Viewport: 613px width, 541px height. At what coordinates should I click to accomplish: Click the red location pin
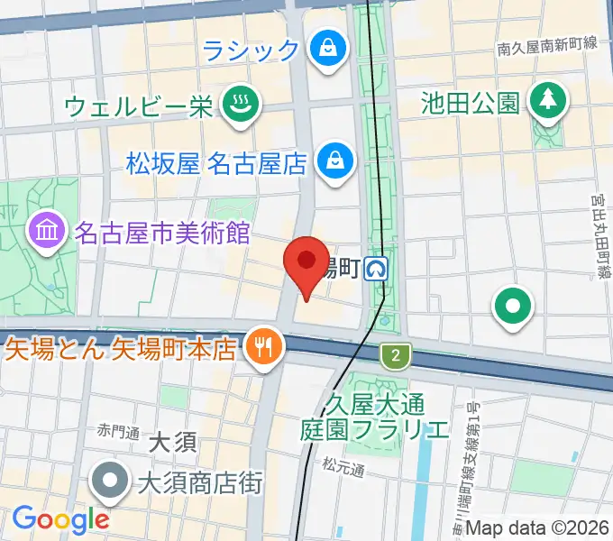(306, 263)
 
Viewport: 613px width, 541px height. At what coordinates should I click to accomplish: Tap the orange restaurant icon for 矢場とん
(263, 347)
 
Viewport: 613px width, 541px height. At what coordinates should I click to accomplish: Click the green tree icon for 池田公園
(547, 100)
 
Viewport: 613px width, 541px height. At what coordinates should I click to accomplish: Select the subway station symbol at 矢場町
(377, 268)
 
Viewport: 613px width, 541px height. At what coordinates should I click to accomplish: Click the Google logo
(59, 518)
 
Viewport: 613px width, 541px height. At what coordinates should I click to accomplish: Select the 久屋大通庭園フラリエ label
(374, 414)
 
